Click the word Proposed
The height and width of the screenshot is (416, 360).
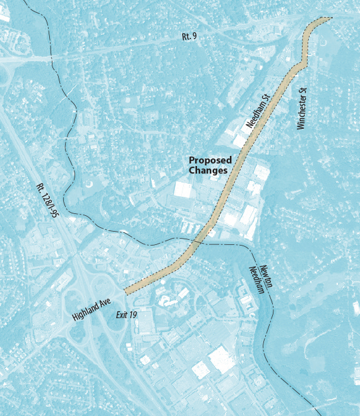(x=210, y=160)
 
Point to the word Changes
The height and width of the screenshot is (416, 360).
(x=208, y=170)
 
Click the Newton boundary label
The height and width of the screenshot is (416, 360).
(x=265, y=276)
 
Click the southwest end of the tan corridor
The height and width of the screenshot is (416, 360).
(x=128, y=290)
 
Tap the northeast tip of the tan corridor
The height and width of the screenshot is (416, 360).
(x=327, y=20)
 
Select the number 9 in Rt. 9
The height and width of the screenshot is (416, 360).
(x=194, y=37)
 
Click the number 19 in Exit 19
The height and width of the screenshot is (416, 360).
(x=133, y=314)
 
